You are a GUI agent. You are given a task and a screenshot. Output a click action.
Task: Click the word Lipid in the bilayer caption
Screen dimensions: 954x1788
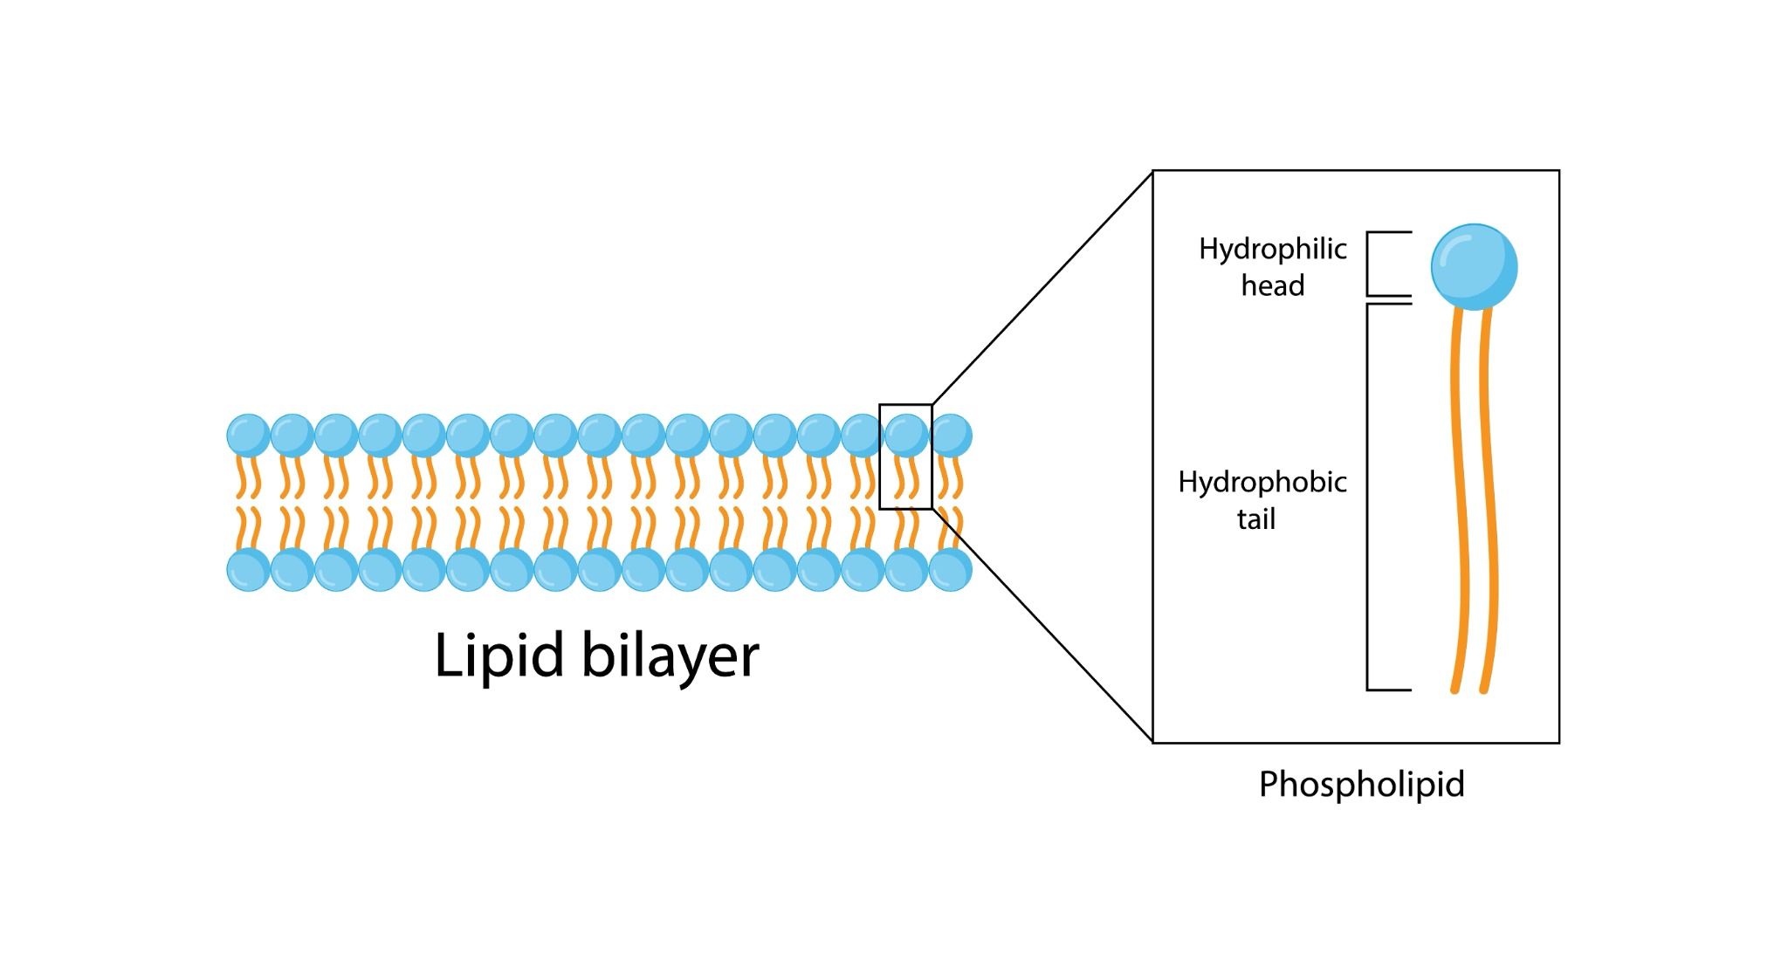point(499,655)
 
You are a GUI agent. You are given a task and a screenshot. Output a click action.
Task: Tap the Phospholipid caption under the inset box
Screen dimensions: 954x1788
point(1361,784)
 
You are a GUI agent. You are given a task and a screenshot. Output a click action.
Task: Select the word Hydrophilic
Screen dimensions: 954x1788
point(1272,250)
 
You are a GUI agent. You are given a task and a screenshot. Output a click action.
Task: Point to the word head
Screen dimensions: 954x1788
point(1272,285)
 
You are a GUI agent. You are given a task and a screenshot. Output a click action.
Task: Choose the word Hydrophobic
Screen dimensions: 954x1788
point(1262,482)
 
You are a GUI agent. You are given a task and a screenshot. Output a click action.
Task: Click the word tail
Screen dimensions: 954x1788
point(1255,519)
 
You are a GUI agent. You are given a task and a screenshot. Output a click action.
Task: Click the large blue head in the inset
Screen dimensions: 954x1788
point(1474,267)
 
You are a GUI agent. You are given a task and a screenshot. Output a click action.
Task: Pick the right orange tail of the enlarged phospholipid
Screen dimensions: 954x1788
point(1489,498)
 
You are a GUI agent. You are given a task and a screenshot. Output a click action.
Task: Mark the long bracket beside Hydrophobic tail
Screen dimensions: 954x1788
point(1368,498)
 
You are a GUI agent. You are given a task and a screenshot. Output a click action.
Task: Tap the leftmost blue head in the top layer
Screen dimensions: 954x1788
point(248,436)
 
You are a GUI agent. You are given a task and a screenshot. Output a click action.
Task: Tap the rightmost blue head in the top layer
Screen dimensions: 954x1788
point(951,436)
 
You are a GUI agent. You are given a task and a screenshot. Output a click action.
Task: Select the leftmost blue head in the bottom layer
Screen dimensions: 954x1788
point(248,570)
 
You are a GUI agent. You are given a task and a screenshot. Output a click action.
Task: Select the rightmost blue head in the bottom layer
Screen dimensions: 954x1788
point(951,570)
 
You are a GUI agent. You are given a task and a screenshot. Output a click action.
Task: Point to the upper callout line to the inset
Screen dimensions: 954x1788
point(1042,288)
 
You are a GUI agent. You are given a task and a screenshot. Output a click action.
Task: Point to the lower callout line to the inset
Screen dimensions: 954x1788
point(1042,625)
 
